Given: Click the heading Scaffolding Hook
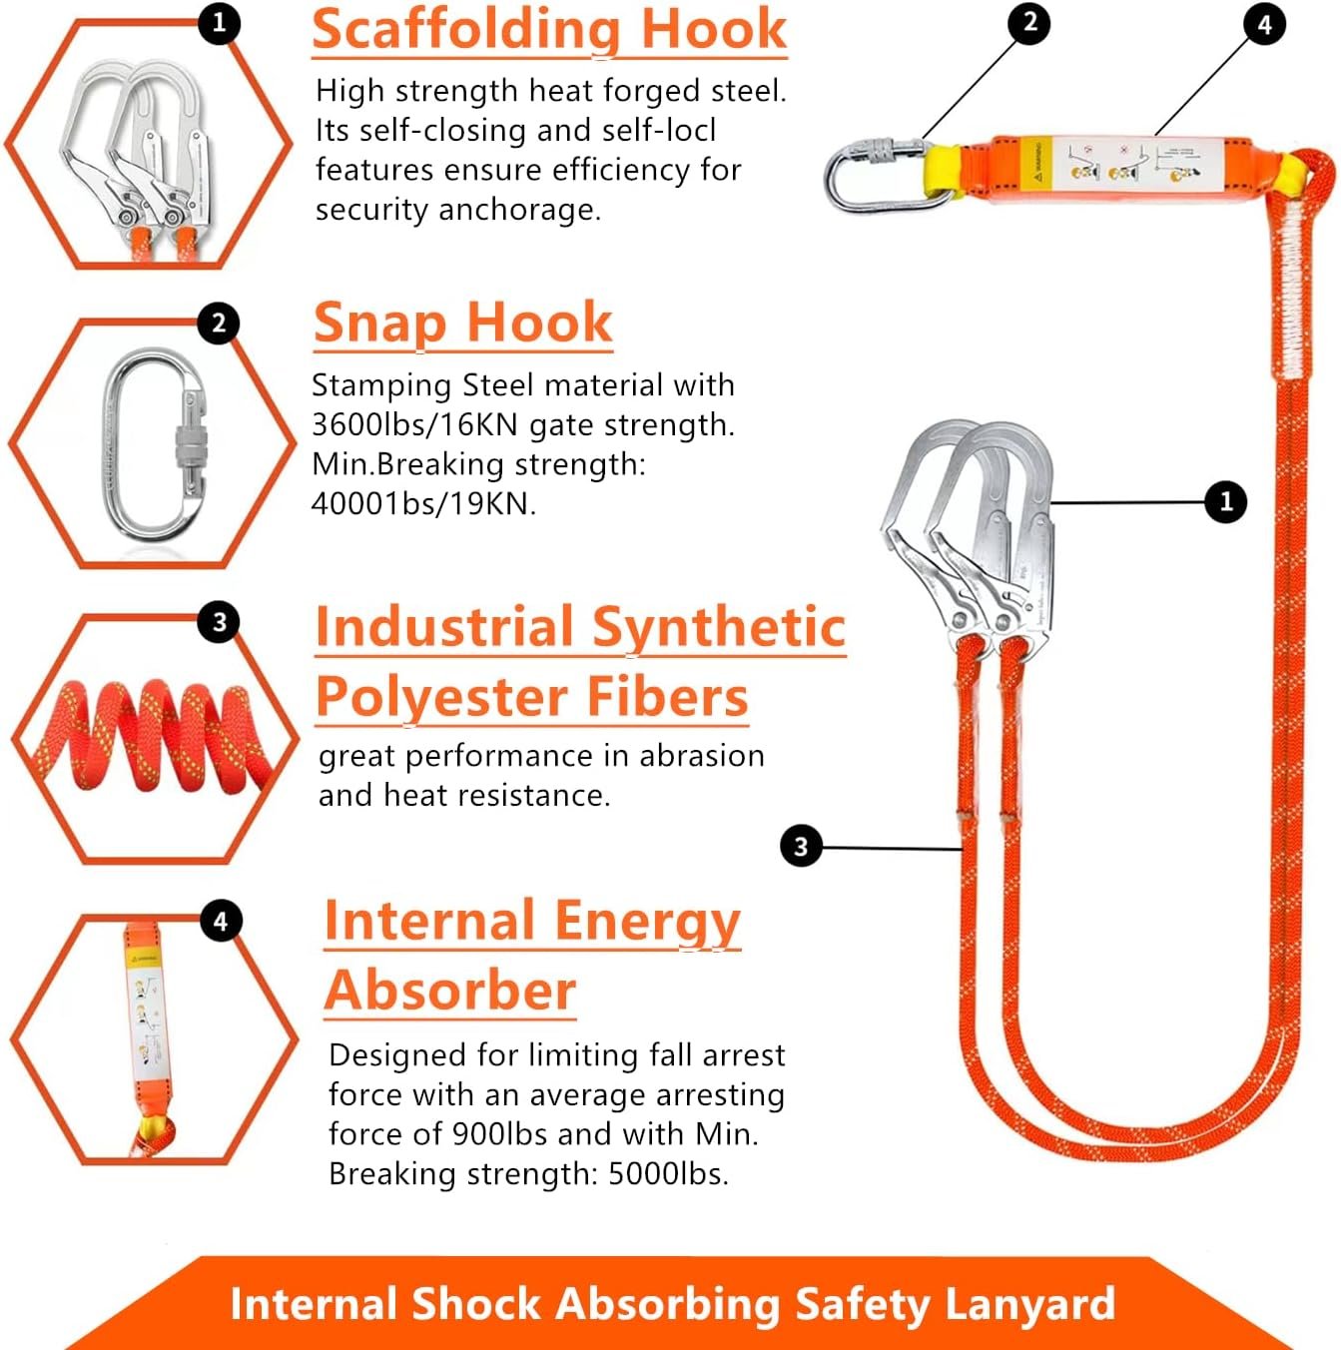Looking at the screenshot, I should [549, 30].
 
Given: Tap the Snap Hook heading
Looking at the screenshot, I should [462, 323].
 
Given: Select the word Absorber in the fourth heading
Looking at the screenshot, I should [450, 991].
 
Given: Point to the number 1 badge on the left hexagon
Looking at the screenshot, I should [220, 22].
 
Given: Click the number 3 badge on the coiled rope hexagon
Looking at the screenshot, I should [220, 623].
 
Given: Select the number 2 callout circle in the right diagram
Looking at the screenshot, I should [1029, 22].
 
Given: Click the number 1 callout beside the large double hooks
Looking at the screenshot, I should [1226, 501].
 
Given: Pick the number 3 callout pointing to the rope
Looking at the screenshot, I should [800, 847].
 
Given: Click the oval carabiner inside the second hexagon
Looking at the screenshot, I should [158, 444].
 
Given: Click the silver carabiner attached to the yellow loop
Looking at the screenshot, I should [869, 176].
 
